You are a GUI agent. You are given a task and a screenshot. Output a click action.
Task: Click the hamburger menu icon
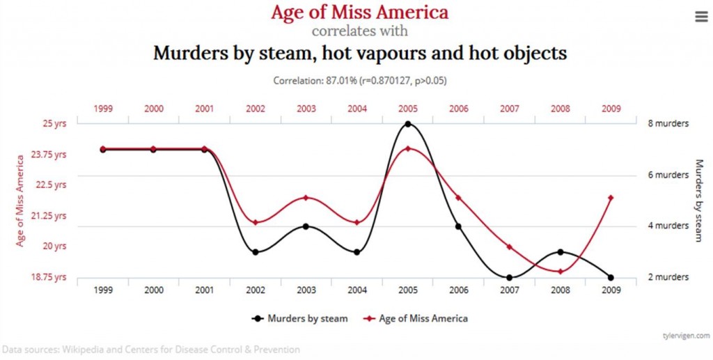tap(700, 17)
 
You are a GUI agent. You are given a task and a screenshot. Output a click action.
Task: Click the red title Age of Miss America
tap(359, 13)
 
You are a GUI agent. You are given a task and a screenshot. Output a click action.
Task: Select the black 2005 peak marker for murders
tap(408, 124)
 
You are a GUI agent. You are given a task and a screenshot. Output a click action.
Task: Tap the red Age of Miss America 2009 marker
tap(611, 198)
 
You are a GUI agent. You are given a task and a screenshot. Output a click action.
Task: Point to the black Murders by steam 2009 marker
tap(611, 278)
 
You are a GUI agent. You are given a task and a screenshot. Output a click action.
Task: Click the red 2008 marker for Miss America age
tap(560, 272)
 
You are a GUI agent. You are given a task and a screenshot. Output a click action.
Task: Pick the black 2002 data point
tap(256, 252)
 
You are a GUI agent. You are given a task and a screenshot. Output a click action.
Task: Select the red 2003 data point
tap(306, 198)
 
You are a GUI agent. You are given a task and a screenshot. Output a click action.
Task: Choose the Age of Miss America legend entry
tap(416, 318)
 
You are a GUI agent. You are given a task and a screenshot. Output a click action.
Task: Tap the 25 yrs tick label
tap(54, 124)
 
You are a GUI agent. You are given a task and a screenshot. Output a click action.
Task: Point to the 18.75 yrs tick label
tap(50, 277)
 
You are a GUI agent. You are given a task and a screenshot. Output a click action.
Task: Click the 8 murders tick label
tap(668, 124)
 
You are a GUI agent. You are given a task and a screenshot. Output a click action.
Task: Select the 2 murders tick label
tap(668, 277)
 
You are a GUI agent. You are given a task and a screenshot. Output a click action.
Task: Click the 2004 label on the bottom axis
tap(357, 290)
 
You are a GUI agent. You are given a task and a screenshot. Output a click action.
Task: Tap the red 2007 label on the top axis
tap(510, 109)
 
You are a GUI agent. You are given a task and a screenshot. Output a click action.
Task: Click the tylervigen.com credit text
tap(685, 335)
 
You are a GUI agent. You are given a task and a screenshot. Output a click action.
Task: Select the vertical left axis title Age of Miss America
tap(21, 201)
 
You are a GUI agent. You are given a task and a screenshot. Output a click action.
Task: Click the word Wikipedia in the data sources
tap(85, 350)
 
